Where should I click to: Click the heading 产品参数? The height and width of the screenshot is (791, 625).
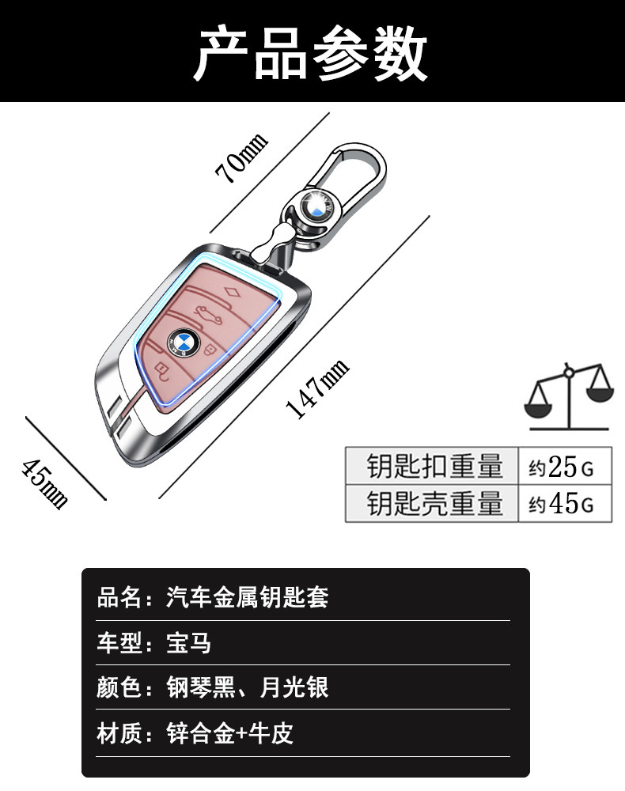pyautogui.click(x=312, y=53)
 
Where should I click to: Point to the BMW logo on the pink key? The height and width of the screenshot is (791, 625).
pyautogui.click(x=184, y=341)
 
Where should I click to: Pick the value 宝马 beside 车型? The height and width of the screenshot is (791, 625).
pyautogui.click(x=189, y=642)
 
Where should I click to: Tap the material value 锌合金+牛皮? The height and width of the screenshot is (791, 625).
pyautogui.click(x=230, y=733)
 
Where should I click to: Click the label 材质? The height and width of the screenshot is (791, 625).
pyautogui.click(x=119, y=733)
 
